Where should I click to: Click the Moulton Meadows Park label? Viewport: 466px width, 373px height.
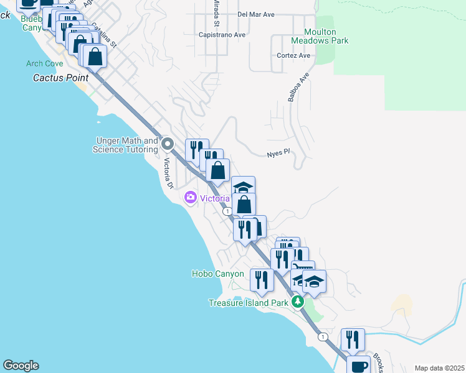point(320,36)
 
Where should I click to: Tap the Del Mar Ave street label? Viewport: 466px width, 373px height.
point(256,14)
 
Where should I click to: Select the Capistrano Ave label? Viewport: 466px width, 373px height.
point(222,35)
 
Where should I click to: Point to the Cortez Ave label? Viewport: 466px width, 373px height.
point(293,55)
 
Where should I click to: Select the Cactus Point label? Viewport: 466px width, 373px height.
point(60,78)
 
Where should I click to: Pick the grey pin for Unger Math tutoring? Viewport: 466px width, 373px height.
point(168,144)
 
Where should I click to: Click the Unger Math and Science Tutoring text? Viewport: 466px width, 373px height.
point(125,145)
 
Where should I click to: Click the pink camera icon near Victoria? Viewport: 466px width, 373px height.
point(191,198)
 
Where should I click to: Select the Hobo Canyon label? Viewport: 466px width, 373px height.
point(217,274)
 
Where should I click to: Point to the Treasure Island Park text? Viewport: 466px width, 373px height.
point(248,303)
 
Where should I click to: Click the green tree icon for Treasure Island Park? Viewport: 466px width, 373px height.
point(298,302)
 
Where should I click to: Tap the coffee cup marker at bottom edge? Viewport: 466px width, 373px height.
point(359,366)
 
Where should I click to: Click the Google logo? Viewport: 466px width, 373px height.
point(21,366)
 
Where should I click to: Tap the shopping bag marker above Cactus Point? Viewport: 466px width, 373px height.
point(95,57)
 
